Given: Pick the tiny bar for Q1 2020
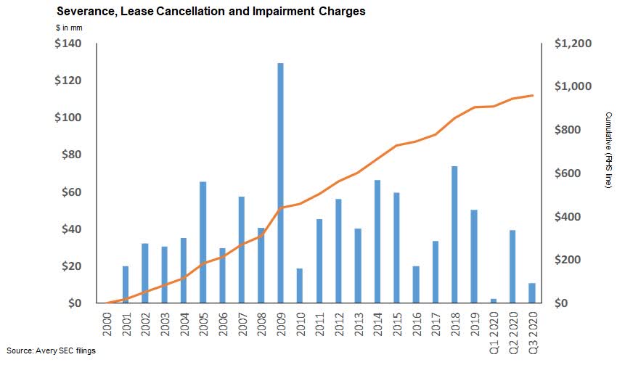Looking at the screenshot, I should [494, 300].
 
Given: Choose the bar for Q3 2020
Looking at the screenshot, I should [532, 293].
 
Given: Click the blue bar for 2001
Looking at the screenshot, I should [126, 284].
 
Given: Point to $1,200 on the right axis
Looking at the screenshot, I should [573, 44].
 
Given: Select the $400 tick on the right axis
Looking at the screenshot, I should [569, 217].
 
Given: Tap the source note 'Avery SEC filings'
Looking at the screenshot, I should [65, 351].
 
